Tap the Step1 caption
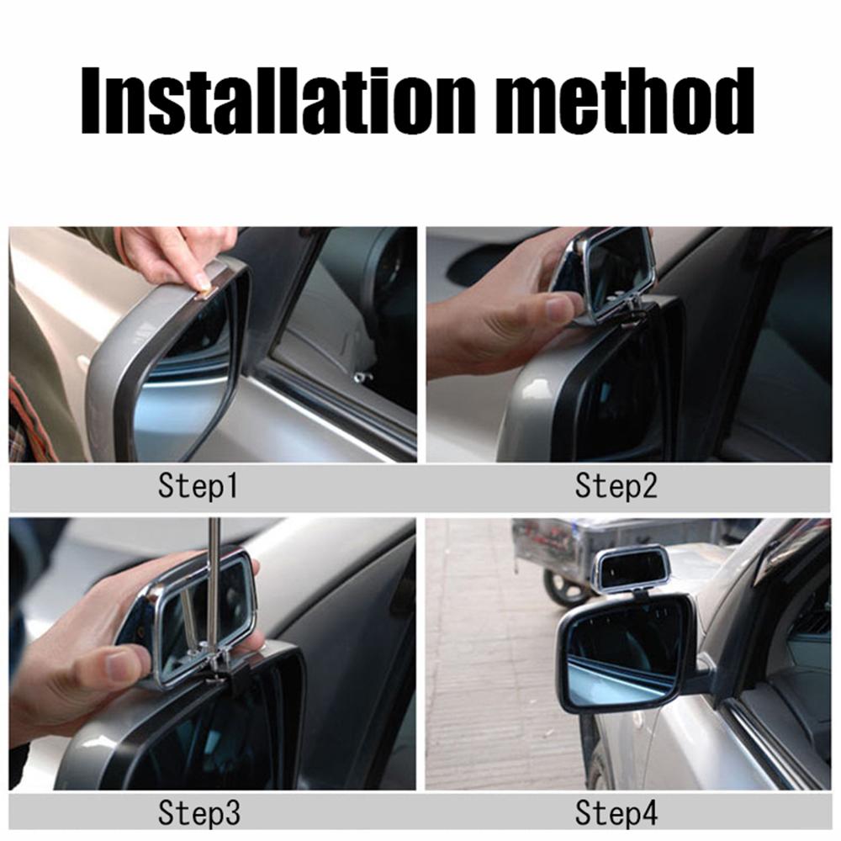(198, 486)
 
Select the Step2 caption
(616, 486)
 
